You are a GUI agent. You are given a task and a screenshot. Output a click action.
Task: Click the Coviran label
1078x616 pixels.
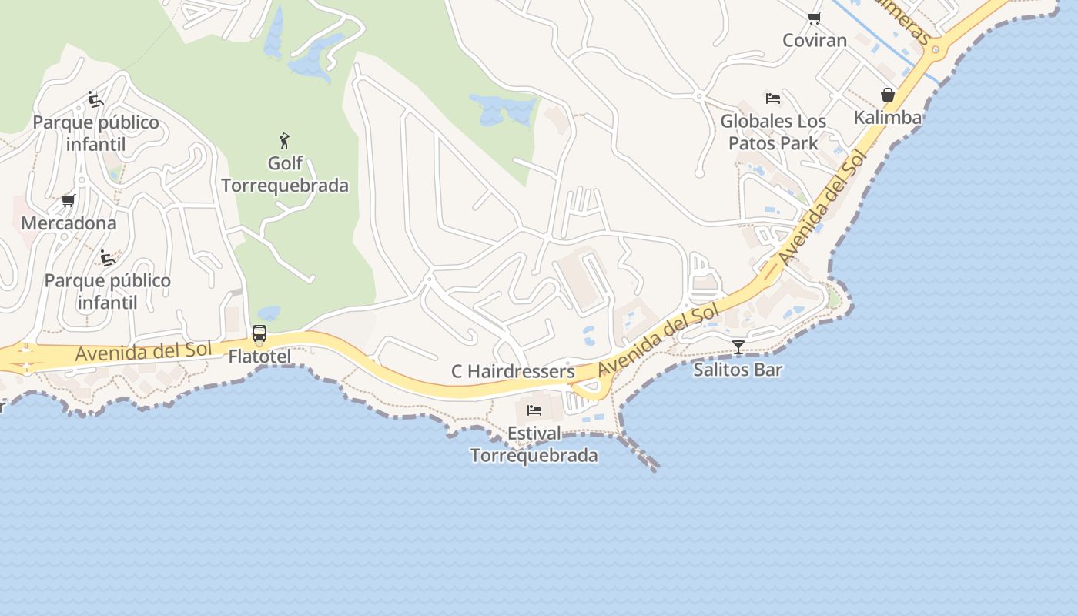(815, 40)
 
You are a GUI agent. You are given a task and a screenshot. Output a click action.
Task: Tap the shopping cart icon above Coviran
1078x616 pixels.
(814, 18)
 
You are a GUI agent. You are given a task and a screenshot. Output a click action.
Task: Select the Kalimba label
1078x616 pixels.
(887, 118)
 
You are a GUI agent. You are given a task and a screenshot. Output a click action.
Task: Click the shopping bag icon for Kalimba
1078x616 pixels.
(888, 95)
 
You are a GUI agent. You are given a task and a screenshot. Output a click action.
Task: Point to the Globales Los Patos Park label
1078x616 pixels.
(773, 132)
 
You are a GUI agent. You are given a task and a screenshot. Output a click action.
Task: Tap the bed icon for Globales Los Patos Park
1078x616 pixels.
(773, 99)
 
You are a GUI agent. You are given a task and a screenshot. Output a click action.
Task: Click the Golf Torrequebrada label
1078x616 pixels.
(285, 174)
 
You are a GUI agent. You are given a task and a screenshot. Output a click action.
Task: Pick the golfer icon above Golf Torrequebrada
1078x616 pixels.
(285, 141)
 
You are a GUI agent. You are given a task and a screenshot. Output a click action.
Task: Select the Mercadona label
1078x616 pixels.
(69, 223)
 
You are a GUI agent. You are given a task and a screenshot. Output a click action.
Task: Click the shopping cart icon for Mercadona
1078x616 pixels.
(69, 201)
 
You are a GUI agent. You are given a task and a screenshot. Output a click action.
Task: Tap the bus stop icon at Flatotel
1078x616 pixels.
(259, 333)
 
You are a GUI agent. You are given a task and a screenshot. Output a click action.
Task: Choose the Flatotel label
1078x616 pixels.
(259, 357)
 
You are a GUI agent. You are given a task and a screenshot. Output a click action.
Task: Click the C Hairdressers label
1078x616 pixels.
(513, 371)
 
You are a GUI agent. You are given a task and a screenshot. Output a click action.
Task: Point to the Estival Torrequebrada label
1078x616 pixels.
(534, 444)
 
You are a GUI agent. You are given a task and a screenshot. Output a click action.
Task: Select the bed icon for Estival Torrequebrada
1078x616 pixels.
(534, 410)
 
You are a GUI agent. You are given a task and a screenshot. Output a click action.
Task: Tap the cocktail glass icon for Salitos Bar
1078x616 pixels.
(738, 347)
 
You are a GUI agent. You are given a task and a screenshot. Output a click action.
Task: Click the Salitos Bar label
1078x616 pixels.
(738, 370)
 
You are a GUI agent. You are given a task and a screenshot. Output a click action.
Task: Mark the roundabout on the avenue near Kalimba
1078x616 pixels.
(936, 51)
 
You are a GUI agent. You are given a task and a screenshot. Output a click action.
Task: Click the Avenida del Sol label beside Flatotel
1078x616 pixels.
(143, 352)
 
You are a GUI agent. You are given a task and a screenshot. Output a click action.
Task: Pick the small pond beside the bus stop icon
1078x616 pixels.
(269, 313)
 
